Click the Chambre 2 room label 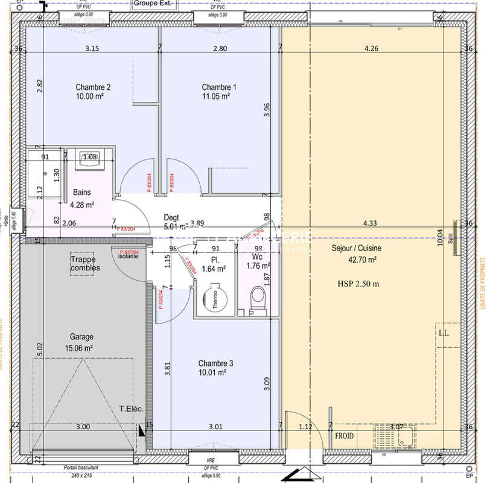(93, 87)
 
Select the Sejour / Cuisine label (356, 248)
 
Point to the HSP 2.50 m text (358, 283)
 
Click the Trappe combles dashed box (85, 263)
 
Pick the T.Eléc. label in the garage (130, 410)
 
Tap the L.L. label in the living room (446, 333)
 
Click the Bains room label (82, 192)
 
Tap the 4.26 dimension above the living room (371, 49)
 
